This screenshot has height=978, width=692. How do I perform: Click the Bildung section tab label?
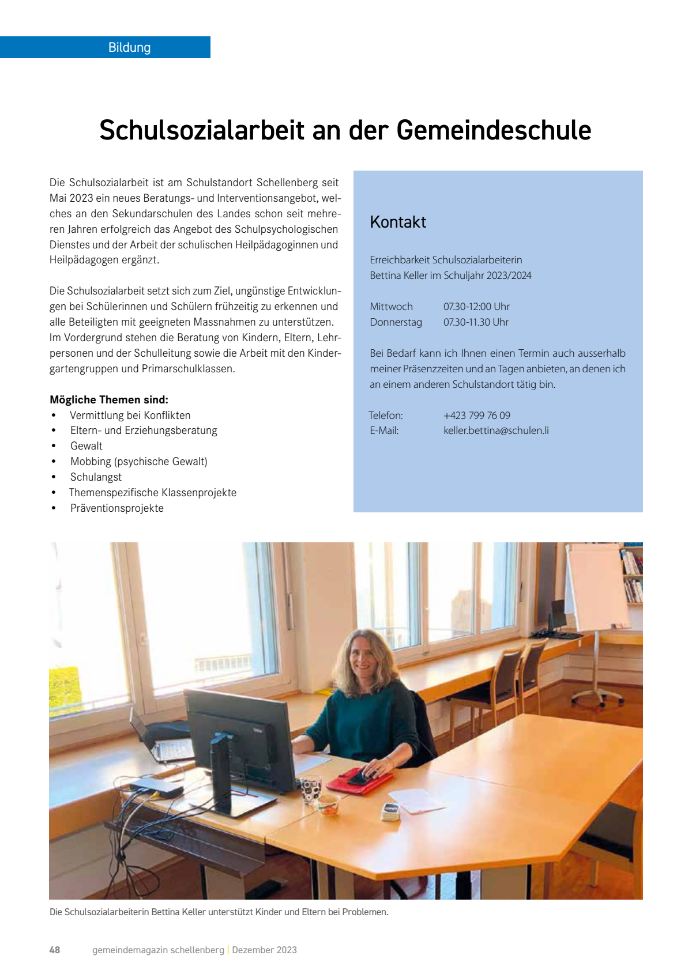(129, 47)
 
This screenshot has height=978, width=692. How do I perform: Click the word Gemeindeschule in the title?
(494, 130)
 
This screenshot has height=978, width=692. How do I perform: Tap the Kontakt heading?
(398, 222)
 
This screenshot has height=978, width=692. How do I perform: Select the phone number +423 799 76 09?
(477, 415)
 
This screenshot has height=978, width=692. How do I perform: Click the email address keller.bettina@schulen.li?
(496, 431)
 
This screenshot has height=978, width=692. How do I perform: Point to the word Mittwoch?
(392, 307)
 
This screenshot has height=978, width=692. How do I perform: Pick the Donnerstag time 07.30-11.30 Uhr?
(476, 322)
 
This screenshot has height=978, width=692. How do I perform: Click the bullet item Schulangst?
(96, 477)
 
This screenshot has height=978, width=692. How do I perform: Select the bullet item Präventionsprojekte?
(117, 508)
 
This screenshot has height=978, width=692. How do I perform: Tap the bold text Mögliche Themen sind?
(109, 399)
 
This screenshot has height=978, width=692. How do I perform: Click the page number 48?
(55, 950)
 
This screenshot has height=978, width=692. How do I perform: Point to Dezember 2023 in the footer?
(264, 950)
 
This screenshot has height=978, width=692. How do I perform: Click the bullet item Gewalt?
(86, 446)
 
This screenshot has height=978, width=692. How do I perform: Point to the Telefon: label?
(386, 415)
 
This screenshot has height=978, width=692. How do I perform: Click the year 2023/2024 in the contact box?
(509, 275)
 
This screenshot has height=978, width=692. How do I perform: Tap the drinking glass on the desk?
(310, 790)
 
